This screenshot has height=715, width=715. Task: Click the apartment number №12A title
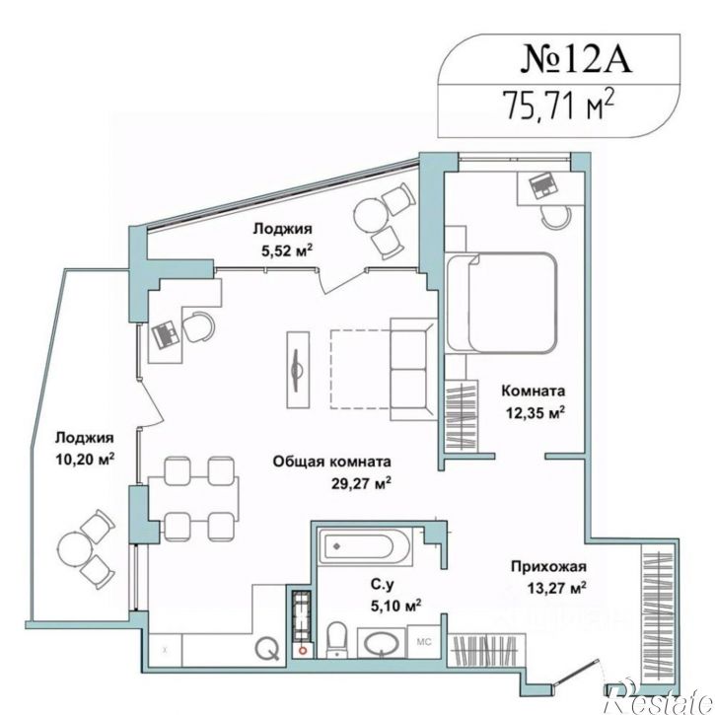576,59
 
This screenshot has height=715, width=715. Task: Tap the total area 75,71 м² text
558,105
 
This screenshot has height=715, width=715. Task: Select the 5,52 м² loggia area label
287,250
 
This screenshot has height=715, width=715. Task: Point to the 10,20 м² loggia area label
85,459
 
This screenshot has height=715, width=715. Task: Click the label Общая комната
332,462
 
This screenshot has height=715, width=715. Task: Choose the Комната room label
534,391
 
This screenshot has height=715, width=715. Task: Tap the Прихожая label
548,567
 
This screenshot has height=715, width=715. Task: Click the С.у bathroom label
382,584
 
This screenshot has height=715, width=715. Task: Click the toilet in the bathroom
337,639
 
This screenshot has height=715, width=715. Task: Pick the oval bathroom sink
382,644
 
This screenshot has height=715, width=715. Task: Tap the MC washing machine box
424,642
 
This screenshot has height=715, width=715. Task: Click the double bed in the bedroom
501,303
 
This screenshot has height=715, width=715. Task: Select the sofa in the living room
412,370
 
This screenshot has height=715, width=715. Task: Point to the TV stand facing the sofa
298,370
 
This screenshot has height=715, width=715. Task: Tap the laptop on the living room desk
165,334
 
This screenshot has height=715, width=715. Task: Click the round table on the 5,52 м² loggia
370,214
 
